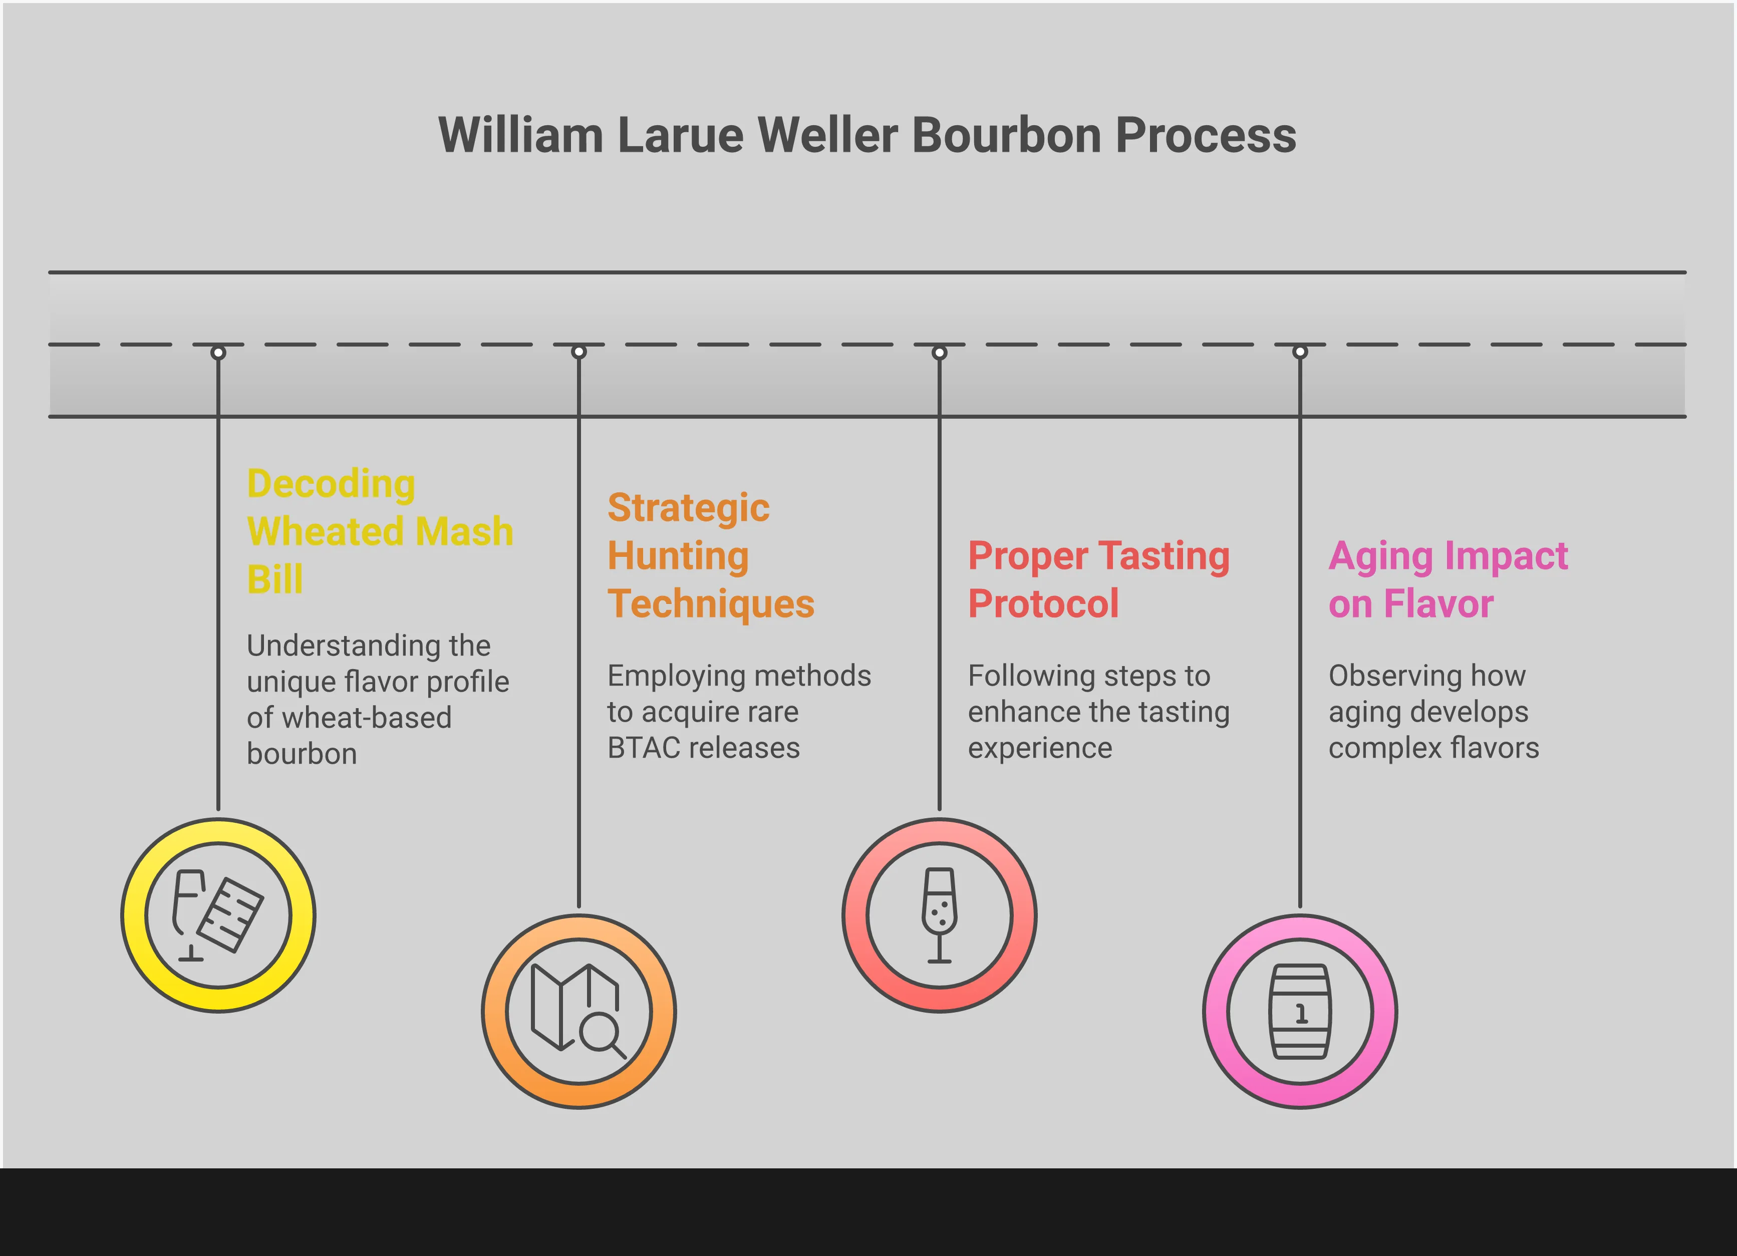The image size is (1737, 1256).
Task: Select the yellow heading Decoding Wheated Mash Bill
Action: coord(379,531)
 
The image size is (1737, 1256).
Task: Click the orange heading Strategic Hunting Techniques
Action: coord(710,555)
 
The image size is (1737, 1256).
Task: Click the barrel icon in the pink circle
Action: coord(1300,1012)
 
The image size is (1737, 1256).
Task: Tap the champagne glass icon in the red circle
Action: coord(939,914)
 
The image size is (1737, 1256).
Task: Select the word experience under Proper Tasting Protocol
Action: coord(1039,748)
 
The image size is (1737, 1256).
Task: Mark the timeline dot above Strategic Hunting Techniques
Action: coord(579,352)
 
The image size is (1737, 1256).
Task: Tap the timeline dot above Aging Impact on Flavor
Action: coord(1300,352)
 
